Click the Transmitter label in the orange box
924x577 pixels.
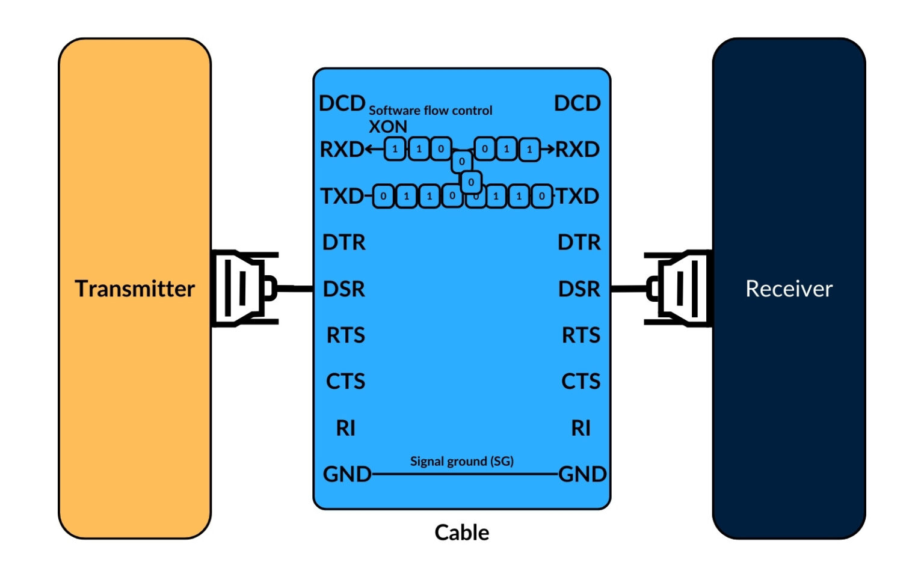coord(135,289)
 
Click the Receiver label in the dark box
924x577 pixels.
coord(789,289)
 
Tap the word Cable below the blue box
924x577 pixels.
coord(461,533)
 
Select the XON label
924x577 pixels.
coord(387,127)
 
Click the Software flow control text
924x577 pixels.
coord(430,111)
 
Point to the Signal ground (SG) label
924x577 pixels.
coord(461,461)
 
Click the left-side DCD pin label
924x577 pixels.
coord(342,103)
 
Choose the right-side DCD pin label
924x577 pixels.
coord(577,103)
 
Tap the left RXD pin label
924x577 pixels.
coord(341,149)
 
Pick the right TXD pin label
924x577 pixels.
coord(577,196)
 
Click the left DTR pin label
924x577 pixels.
coord(343,242)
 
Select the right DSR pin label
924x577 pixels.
coord(579,289)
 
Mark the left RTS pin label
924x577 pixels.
coord(345,335)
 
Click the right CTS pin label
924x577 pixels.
coord(581,381)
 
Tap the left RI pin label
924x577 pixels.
coord(345,428)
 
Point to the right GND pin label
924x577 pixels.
coord(582,474)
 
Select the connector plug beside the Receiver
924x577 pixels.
coord(679,288)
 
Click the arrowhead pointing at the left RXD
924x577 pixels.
coord(369,149)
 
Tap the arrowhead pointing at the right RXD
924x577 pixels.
coord(550,149)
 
